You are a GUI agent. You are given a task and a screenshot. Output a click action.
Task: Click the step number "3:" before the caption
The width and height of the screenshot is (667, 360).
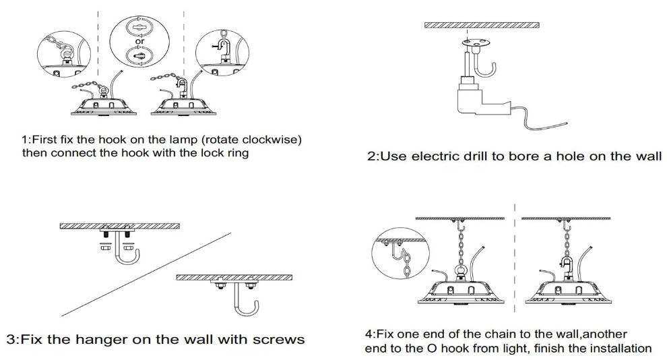pyautogui.click(x=13, y=339)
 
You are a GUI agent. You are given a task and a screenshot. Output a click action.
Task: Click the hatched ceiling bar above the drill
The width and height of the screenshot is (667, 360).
pyautogui.click(x=481, y=26)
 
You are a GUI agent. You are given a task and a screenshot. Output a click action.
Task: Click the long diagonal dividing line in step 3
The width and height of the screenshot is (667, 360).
pyautogui.click(x=148, y=273)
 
